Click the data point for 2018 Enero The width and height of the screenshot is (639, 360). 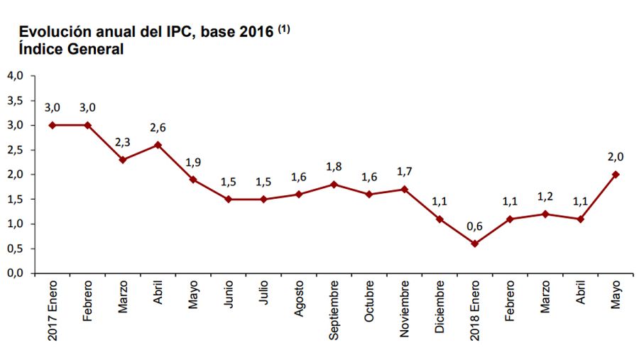tap(474, 244)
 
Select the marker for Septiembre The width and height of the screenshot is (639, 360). tap(334, 184)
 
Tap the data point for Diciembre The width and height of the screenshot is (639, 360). tap(439, 219)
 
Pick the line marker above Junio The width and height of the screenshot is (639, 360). tap(228, 199)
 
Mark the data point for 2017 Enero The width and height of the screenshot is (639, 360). tap(53, 125)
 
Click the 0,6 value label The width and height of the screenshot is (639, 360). tap(474, 227)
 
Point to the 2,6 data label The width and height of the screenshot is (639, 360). tap(158, 128)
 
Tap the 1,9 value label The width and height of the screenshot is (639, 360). tap(193, 163)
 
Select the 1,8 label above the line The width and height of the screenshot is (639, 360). tap(334, 167)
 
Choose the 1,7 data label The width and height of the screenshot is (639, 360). tap(404, 172)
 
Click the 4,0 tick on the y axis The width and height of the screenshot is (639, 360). tap(16, 75)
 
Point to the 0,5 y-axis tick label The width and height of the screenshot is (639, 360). tap(16, 249)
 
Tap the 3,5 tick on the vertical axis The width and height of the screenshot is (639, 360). tap(16, 100)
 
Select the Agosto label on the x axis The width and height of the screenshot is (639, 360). tap(300, 300)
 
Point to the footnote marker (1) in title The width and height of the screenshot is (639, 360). tap(284, 30)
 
